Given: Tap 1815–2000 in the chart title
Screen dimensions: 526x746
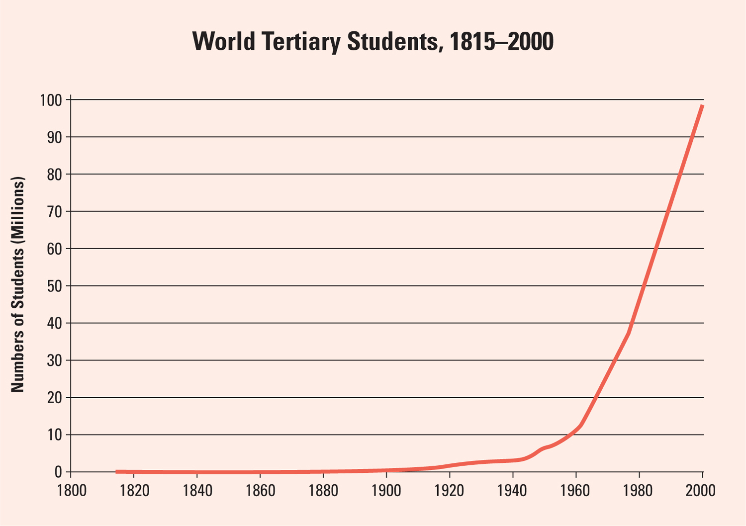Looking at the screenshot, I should pyautogui.click(x=501, y=42).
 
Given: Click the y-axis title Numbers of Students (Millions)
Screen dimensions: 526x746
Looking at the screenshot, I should pyautogui.click(x=18, y=285).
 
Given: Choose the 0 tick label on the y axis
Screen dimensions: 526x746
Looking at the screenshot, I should pyautogui.click(x=59, y=472).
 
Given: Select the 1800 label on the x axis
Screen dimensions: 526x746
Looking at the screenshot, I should pyautogui.click(x=72, y=490).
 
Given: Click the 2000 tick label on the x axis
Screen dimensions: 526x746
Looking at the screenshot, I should pyautogui.click(x=701, y=490).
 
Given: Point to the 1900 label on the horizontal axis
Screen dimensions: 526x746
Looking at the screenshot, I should pyautogui.click(x=386, y=490).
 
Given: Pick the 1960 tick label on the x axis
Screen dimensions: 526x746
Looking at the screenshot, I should pyautogui.click(x=575, y=490).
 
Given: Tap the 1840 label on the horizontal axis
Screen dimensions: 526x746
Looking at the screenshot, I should pyautogui.click(x=197, y=490).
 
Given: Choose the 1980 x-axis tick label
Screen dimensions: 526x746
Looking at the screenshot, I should pyautogui.click(x=639, y=490).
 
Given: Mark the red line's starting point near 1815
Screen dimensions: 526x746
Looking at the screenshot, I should pyautogui.click(x=117, y=471).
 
